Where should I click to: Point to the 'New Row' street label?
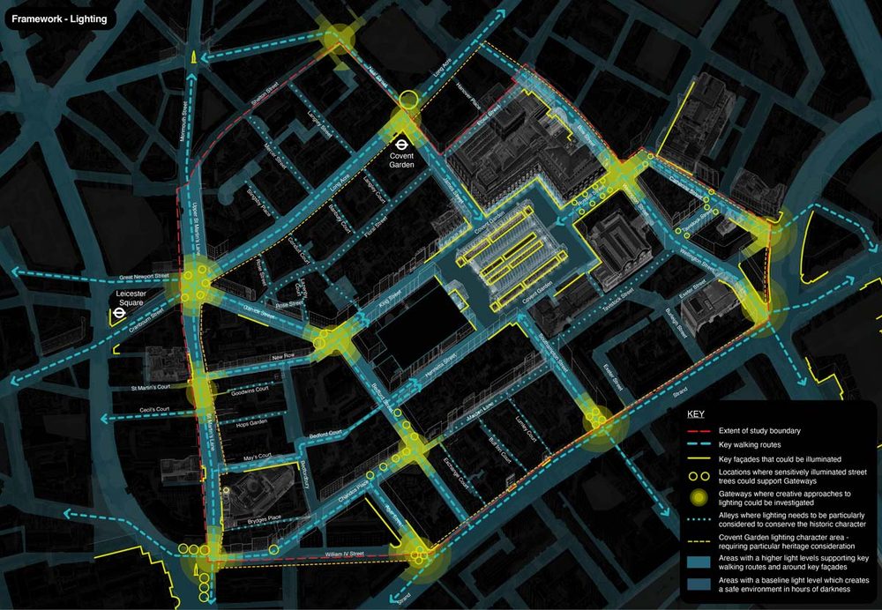[x=282, y=356]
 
